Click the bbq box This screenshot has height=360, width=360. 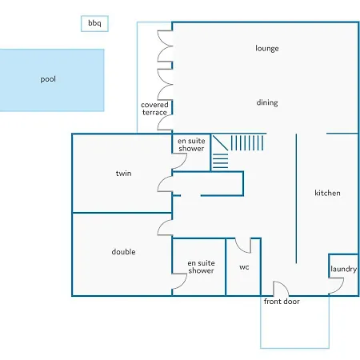(x=94, y=24)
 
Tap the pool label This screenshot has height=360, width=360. (x=48, y=79)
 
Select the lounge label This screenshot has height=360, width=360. (x=267, y=48)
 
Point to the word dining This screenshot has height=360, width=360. (x=267, y=102)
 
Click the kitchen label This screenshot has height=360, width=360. (x=327, y=193)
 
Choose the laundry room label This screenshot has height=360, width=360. (x=343, y=269)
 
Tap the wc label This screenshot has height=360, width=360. (x=244, y=267)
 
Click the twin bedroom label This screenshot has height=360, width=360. (x=123, y=174)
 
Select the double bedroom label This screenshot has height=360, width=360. (x=123, y=252)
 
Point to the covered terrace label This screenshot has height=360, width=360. (x=154, y=109)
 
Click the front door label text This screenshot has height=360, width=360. (x=282, y=302)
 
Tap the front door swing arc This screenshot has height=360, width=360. (x=285, y=286)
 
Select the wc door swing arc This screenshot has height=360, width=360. (x=240, y=249)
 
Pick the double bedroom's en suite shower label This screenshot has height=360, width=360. (x=201, y=267)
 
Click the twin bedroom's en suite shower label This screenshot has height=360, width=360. (x=191, y=145)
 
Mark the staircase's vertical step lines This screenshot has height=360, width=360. (x=247, y=143)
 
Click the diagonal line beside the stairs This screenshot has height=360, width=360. (x=220, y=143)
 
